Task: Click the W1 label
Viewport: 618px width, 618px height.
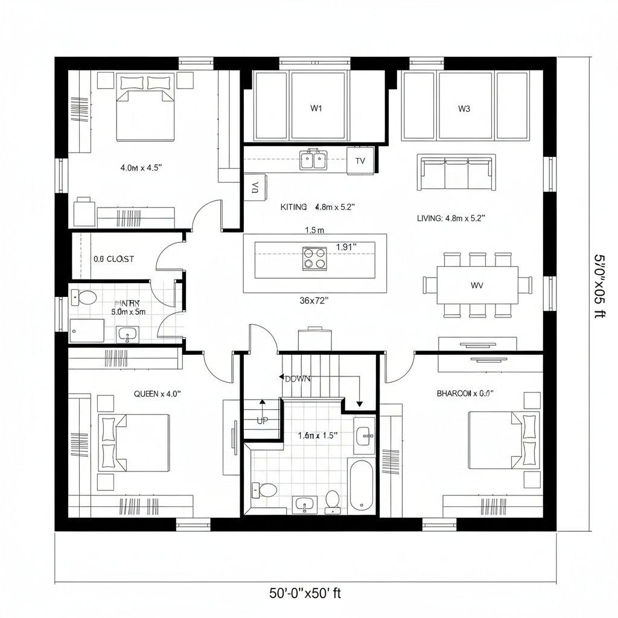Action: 316,109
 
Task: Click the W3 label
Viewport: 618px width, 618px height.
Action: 463,109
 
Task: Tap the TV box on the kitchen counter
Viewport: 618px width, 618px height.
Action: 360,161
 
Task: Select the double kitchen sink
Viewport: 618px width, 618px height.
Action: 313,160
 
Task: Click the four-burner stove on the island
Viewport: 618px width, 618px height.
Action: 314,258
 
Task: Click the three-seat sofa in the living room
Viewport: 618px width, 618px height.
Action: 456,172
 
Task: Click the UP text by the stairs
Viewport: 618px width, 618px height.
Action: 262,421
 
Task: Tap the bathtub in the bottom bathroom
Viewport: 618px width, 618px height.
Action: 361,485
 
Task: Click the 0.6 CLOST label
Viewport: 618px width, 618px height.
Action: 113,259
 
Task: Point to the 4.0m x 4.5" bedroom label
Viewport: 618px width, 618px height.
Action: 141,168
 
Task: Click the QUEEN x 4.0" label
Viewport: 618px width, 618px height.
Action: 157,393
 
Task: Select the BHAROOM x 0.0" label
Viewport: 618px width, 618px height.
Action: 465,393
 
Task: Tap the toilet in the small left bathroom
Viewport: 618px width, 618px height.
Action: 86,298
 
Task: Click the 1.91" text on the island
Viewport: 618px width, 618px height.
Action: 346,247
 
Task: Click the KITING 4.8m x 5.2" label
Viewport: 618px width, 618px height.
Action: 317,206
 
